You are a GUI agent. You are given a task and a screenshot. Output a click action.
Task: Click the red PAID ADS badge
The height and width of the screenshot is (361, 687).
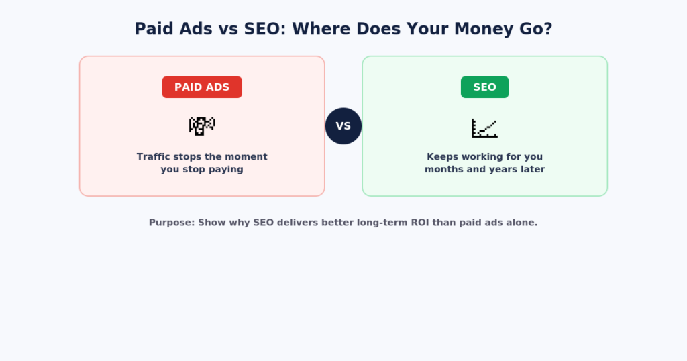point(202,87)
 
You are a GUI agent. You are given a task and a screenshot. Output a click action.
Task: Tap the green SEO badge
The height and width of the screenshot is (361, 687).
point(484,87)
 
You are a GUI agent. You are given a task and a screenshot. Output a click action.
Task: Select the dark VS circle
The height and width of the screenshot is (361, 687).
point(343,126)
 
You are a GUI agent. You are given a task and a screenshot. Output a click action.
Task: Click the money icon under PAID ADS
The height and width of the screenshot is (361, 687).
point(202,126)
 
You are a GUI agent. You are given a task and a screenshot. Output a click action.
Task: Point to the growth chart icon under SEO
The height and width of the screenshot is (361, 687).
point(484,128)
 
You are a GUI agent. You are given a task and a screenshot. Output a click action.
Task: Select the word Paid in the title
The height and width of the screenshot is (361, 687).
point(153,29)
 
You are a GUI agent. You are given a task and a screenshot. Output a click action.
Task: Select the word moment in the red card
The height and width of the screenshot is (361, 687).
point(250,157)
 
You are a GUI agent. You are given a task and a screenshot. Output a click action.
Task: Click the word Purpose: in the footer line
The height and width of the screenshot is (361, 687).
point(172,223)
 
